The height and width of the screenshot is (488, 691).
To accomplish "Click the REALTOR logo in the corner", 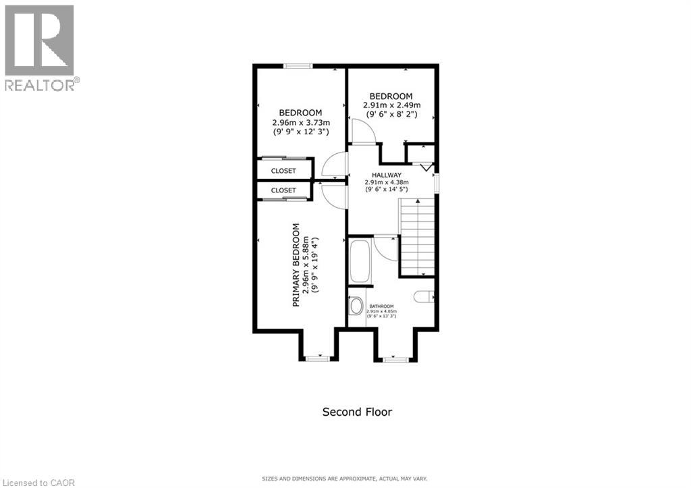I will [40, 47].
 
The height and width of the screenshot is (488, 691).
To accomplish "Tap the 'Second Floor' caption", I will [357, 412].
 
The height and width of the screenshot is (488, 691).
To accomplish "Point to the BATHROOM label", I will [381, 306].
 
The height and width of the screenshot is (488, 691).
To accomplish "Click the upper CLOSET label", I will [283, 171].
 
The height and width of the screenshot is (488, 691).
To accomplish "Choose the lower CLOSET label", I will [283, 190].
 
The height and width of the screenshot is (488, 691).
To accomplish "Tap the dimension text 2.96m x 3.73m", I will [300, 123].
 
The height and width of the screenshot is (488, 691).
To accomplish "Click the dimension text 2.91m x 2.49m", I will [391, 105].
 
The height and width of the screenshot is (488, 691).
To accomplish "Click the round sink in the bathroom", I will [356, 306].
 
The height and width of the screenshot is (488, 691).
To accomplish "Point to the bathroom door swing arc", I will [385, 247].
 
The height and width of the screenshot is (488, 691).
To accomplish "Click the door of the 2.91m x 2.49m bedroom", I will [361, 130].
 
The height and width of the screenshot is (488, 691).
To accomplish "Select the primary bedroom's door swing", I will [334, 195].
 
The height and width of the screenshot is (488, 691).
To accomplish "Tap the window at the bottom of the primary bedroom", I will [316, 358].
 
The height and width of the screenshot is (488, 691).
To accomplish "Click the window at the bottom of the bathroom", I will [395, 359].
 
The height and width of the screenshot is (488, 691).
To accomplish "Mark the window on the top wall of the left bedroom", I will [297, 65].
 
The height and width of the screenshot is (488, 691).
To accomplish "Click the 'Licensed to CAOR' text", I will [38, 482].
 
